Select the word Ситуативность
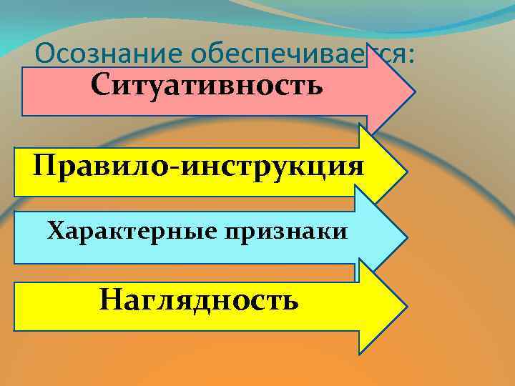(207, 86)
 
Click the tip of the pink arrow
(413, 93)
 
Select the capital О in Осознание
(44, 54)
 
